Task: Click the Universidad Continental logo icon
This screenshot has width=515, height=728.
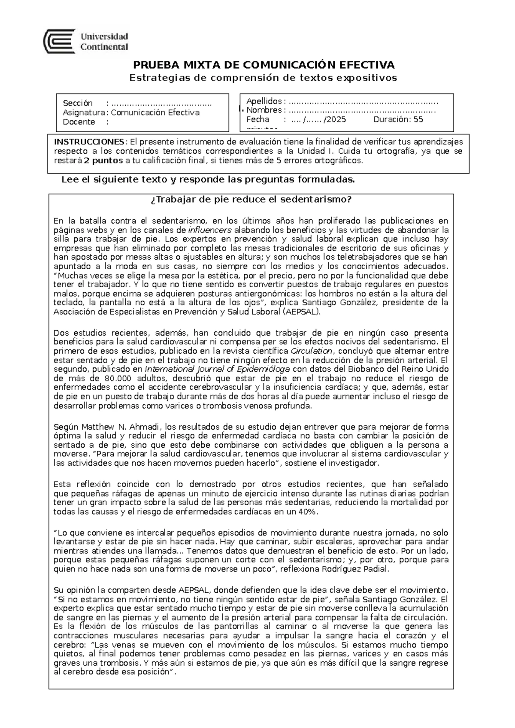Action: [61, 41]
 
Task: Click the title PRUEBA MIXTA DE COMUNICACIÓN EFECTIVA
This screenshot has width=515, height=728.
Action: [264, 65]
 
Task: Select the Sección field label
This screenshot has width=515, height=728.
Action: [78, 103]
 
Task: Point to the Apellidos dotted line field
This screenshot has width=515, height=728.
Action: [363, 102]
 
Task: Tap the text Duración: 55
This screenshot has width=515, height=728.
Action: [398, 120]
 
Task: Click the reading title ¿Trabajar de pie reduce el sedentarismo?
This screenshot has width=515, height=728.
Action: [251, 200]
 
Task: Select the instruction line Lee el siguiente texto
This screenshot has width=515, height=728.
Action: [208, 179]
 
